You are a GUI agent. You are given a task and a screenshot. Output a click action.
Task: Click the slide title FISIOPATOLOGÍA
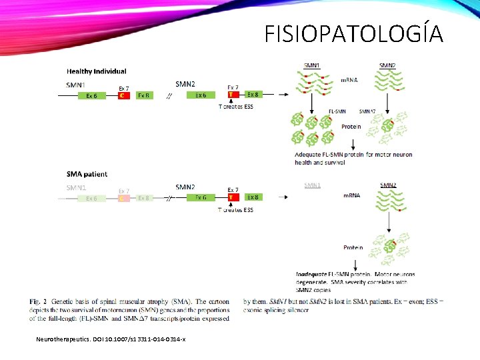pos(353,33)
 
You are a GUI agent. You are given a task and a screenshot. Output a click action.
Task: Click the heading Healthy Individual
pos(96,71)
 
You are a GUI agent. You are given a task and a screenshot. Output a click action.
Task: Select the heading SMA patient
pos(87,174)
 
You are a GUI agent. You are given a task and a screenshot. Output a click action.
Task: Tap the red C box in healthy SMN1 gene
pos(123,96)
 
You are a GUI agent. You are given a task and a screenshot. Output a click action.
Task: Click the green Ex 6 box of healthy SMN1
pos(91,96)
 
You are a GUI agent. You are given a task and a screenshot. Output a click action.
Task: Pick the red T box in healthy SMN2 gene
pos(233,95)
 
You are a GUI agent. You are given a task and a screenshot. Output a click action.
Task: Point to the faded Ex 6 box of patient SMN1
pos(91,198)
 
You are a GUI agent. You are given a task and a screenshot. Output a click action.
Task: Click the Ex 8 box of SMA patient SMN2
pos(253,197)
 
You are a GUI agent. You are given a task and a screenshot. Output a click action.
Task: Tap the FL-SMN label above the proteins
pos(337,111)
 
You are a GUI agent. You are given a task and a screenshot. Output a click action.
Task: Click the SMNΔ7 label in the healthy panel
pos(367,111)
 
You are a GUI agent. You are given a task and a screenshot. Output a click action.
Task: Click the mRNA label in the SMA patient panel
pos(352,195)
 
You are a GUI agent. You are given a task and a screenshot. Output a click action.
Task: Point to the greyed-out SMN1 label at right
pos(312,185)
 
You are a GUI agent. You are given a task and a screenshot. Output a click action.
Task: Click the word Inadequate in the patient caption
pos(311,274)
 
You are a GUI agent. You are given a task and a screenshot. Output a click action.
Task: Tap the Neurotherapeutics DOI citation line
pos(111,340)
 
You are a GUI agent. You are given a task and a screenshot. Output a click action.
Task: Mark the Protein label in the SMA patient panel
pos(353,248)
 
